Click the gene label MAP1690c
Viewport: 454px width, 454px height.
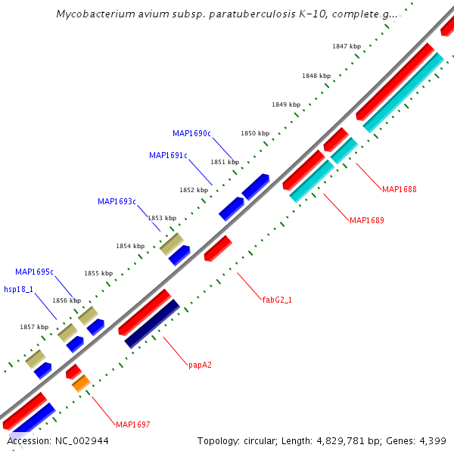coord(191,134)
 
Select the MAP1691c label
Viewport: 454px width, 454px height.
coord(168,156)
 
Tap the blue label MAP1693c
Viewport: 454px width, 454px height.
coord(117,202)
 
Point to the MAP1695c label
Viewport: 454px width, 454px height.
coord(34,272)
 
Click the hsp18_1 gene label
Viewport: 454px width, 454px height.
coord(18,289)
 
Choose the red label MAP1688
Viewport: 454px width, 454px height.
coord(400,189)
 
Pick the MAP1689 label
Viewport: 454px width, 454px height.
coord(367,221)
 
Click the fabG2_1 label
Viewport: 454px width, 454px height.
coord(277,300)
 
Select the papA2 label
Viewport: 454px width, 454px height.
coord(200,365)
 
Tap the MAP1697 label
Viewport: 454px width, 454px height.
coord(132,424)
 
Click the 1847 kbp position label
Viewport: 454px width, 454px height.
coord(347,47)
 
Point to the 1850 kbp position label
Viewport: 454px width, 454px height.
coord(255,133)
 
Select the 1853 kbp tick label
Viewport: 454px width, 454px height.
coord(162,218)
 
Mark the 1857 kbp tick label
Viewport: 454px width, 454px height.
coord(34,327)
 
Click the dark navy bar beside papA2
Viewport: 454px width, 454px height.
coord(152,324)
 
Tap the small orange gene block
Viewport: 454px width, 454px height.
coord(81,383)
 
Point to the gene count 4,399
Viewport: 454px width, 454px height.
coord(434,441)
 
